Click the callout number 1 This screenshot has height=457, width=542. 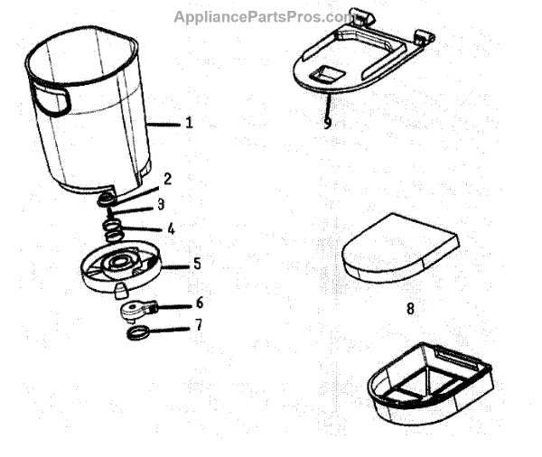pyautogui.click(x=189, y=124)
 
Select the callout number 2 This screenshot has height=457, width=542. pyautogui.click(x=166, y=179)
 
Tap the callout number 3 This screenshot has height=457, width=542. pyautogui.click(x=161, y=204)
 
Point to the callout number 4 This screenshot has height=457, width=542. pyautogui.click(x=171, y=228)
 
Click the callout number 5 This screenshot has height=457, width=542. pyautogui.click(x=196, y=265)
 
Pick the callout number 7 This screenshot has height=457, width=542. pyautogui.click(x=199, y=325)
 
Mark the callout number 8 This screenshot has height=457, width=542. pyautogui.click(x=410, y=308)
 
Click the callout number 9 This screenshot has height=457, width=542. pyautogui.click(x=327, y=123)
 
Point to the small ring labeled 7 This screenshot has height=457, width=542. pyautogui.click(x=135, y=334)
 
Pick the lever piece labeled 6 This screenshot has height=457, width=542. pyautogui.click(x=135, y=310)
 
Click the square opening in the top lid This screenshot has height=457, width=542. pyautogui.click(x=327, y=73)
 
